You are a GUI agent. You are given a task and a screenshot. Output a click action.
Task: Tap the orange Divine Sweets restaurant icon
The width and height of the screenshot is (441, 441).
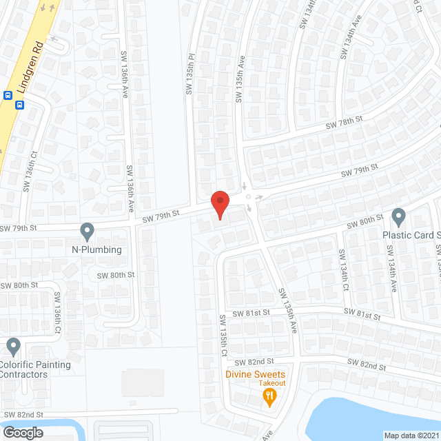click(269, 396)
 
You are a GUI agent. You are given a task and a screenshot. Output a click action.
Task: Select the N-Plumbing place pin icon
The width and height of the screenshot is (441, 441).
click(87, 230)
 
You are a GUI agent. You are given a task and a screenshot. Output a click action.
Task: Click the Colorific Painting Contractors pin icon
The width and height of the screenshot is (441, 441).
click(13, 345)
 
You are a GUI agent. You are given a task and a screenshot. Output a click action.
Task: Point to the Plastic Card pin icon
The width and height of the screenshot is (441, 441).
click(398, 217)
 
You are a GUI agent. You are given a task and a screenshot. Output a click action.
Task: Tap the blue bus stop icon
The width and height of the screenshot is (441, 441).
click(19, 105)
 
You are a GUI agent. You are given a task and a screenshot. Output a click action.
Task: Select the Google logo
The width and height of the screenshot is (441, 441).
click(22, 433)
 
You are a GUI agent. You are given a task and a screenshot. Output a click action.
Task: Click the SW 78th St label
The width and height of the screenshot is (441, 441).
click(344, 123)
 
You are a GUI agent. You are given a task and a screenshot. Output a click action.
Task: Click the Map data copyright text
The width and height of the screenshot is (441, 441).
click(411, 435)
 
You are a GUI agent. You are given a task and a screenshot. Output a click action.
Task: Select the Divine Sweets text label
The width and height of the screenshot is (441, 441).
click(255, 374)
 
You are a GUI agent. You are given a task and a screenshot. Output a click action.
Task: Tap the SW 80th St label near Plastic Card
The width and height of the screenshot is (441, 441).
click(365, 220)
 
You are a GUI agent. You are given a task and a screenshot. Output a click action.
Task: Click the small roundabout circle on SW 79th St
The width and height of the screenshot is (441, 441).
click(248, 196)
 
